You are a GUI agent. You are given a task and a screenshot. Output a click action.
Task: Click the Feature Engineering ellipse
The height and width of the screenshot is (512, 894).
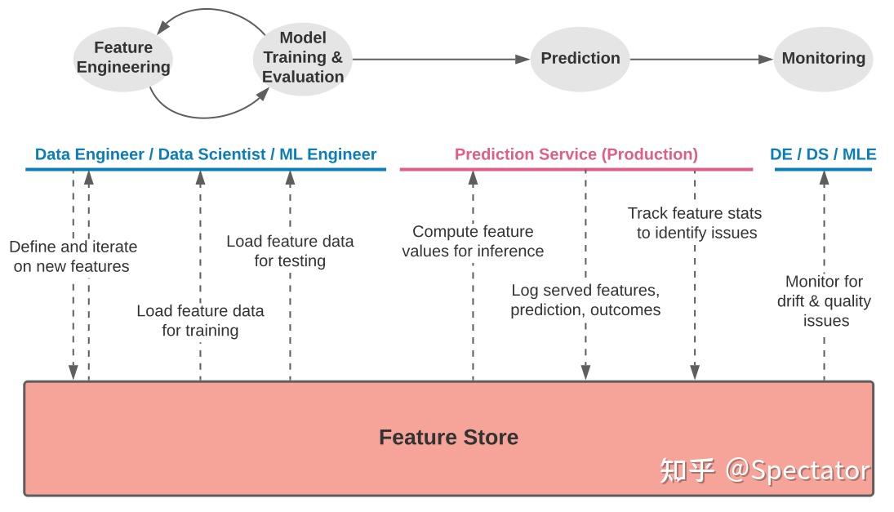click(x=123, y=57)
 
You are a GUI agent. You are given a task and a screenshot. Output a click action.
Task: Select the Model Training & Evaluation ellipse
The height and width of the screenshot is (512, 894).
click(x=303, y=57)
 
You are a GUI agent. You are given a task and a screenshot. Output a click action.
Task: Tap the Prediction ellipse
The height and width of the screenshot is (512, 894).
click(x=580, y=58)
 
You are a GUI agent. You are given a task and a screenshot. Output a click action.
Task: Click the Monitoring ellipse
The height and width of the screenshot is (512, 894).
click(x=823, y=58)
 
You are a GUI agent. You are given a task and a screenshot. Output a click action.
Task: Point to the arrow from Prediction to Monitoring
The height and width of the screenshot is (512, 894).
click(x=701, y=59)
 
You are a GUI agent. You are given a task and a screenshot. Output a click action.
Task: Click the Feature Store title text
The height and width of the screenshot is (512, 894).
click(x=448, y=438)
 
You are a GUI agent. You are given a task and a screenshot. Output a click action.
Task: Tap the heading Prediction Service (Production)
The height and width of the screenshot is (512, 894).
click(x=576, y=154)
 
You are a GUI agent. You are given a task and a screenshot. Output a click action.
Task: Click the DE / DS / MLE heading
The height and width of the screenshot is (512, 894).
click(x=823, y=154)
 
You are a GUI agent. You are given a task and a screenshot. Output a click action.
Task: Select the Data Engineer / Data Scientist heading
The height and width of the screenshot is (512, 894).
click(x=206, y=154)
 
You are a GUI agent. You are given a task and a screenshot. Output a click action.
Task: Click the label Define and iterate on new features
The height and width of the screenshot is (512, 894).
click(x=73, y=256)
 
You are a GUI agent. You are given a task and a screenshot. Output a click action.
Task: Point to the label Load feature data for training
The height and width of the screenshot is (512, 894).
click(x=200, y=320)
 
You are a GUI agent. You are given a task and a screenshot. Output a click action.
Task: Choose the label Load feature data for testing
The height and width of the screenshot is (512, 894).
click(x=290, y=251)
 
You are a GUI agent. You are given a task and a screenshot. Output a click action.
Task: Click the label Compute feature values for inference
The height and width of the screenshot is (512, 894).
click(x=473, y=242)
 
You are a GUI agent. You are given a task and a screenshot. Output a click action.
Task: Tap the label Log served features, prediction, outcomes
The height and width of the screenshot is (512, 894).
click(x=585, y=300)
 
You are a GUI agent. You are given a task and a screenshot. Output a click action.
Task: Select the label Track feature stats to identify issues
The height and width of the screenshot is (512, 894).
click(x=695, y=223)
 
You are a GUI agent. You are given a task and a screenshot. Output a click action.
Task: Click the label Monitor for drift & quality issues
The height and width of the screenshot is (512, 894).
click(x=824, y=301)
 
